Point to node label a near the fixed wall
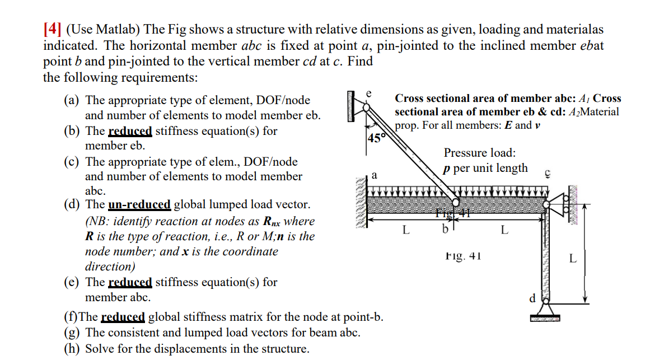pos(373,175)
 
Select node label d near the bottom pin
pos(532,298)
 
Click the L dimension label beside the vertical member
pos(572,259)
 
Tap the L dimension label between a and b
pos(406,229)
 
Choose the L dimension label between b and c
pos(504,229)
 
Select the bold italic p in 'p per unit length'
pos(447,169)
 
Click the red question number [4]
pos(53,30)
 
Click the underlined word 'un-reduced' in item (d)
pos(138,205)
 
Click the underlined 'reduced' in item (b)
pos(130,131)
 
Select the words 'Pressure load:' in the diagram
pos(480,153)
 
